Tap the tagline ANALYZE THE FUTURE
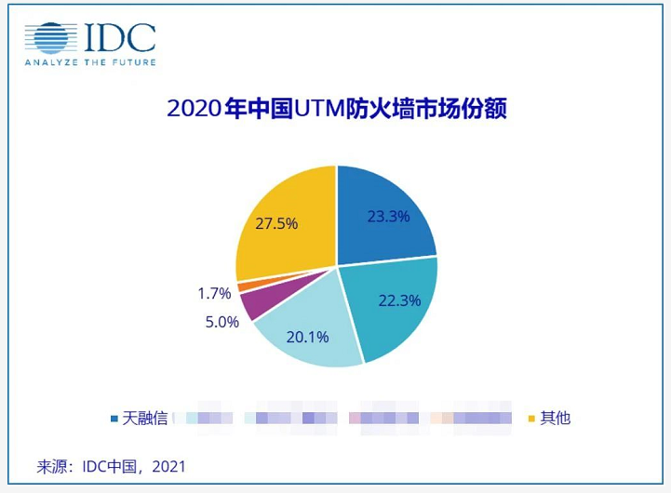89,62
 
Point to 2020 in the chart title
194,110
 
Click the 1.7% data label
214,293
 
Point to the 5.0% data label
221,322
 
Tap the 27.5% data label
275,224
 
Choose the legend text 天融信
144,418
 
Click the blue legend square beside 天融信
114,418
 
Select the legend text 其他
555,418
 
